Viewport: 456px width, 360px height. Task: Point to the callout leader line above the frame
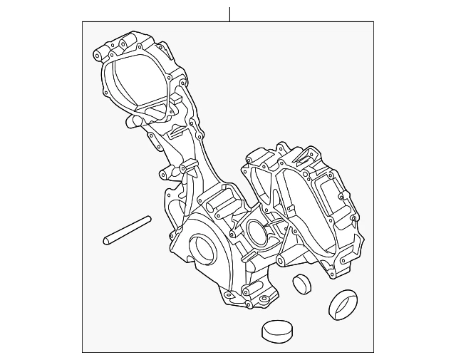point(229,14)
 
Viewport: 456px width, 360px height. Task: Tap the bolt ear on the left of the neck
point(162,173)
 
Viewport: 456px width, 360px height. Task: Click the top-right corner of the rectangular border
point(373,22)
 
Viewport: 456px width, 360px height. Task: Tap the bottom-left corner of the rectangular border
point(83,352)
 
